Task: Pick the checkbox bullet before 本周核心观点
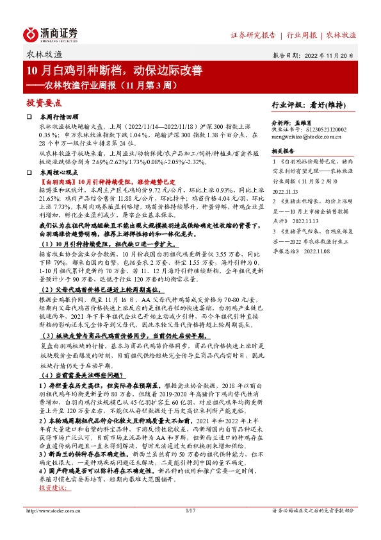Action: coord(29,174)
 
